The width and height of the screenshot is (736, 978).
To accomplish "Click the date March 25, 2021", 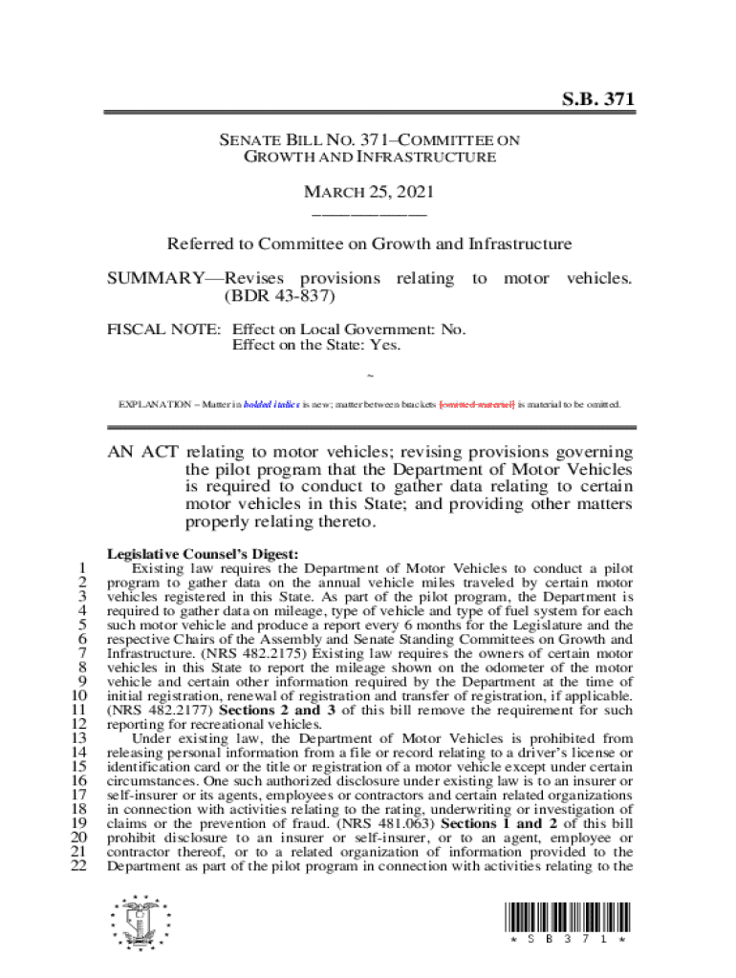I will click(x=368, y=192).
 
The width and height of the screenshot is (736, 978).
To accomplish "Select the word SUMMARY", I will click(x=152, y=278).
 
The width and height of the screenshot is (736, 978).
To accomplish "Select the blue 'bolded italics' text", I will click(x=272, y=404).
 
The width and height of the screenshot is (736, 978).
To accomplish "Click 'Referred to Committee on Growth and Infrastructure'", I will click(x=369, y=244).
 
